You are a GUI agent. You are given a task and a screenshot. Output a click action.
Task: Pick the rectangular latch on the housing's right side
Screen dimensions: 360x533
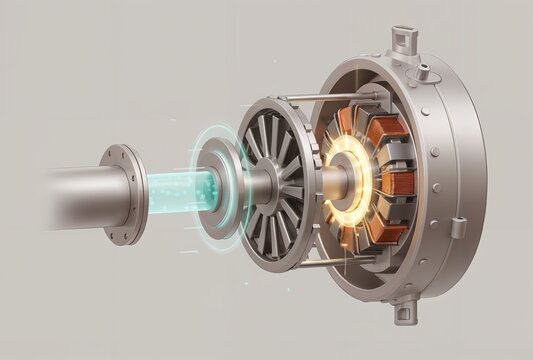(x=456, y=229)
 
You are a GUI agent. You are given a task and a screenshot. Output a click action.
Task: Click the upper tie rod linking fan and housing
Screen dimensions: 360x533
(x=320, y=98)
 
